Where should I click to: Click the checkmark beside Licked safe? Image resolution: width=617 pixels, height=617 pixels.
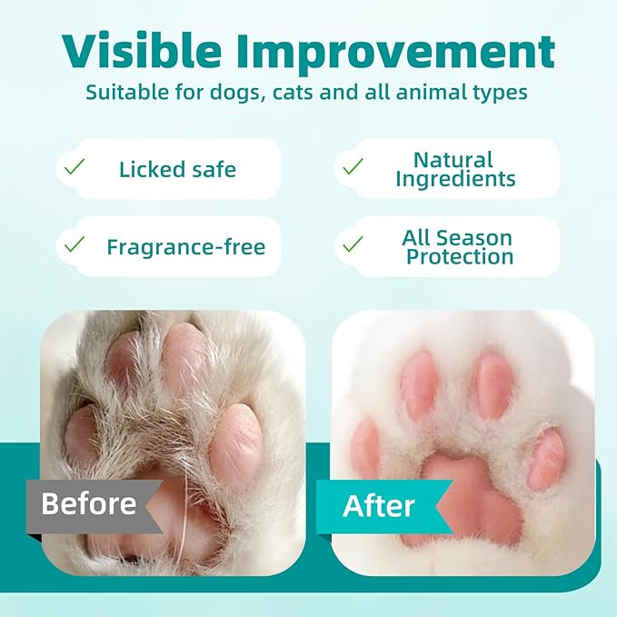tap(75, 167)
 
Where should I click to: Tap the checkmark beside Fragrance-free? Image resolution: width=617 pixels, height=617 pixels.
tap(75, 244)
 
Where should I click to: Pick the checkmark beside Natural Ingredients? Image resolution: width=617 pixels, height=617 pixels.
tap(353, 167)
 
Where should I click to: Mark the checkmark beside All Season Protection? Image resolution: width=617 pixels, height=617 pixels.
tap(353, 244)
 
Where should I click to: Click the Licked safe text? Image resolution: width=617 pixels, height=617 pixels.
tap(177, 168)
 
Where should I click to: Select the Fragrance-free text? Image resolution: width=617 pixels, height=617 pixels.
tap(185, 245)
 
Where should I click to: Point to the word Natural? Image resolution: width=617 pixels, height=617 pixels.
tap(453, 161)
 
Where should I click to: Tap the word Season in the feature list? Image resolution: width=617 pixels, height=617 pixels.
tap(494, 238)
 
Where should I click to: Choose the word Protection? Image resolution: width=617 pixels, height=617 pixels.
tap(459, 256)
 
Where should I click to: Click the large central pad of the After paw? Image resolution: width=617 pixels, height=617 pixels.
tap(463, 495)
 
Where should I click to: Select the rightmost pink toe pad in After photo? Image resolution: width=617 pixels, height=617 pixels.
tap(547, 458)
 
